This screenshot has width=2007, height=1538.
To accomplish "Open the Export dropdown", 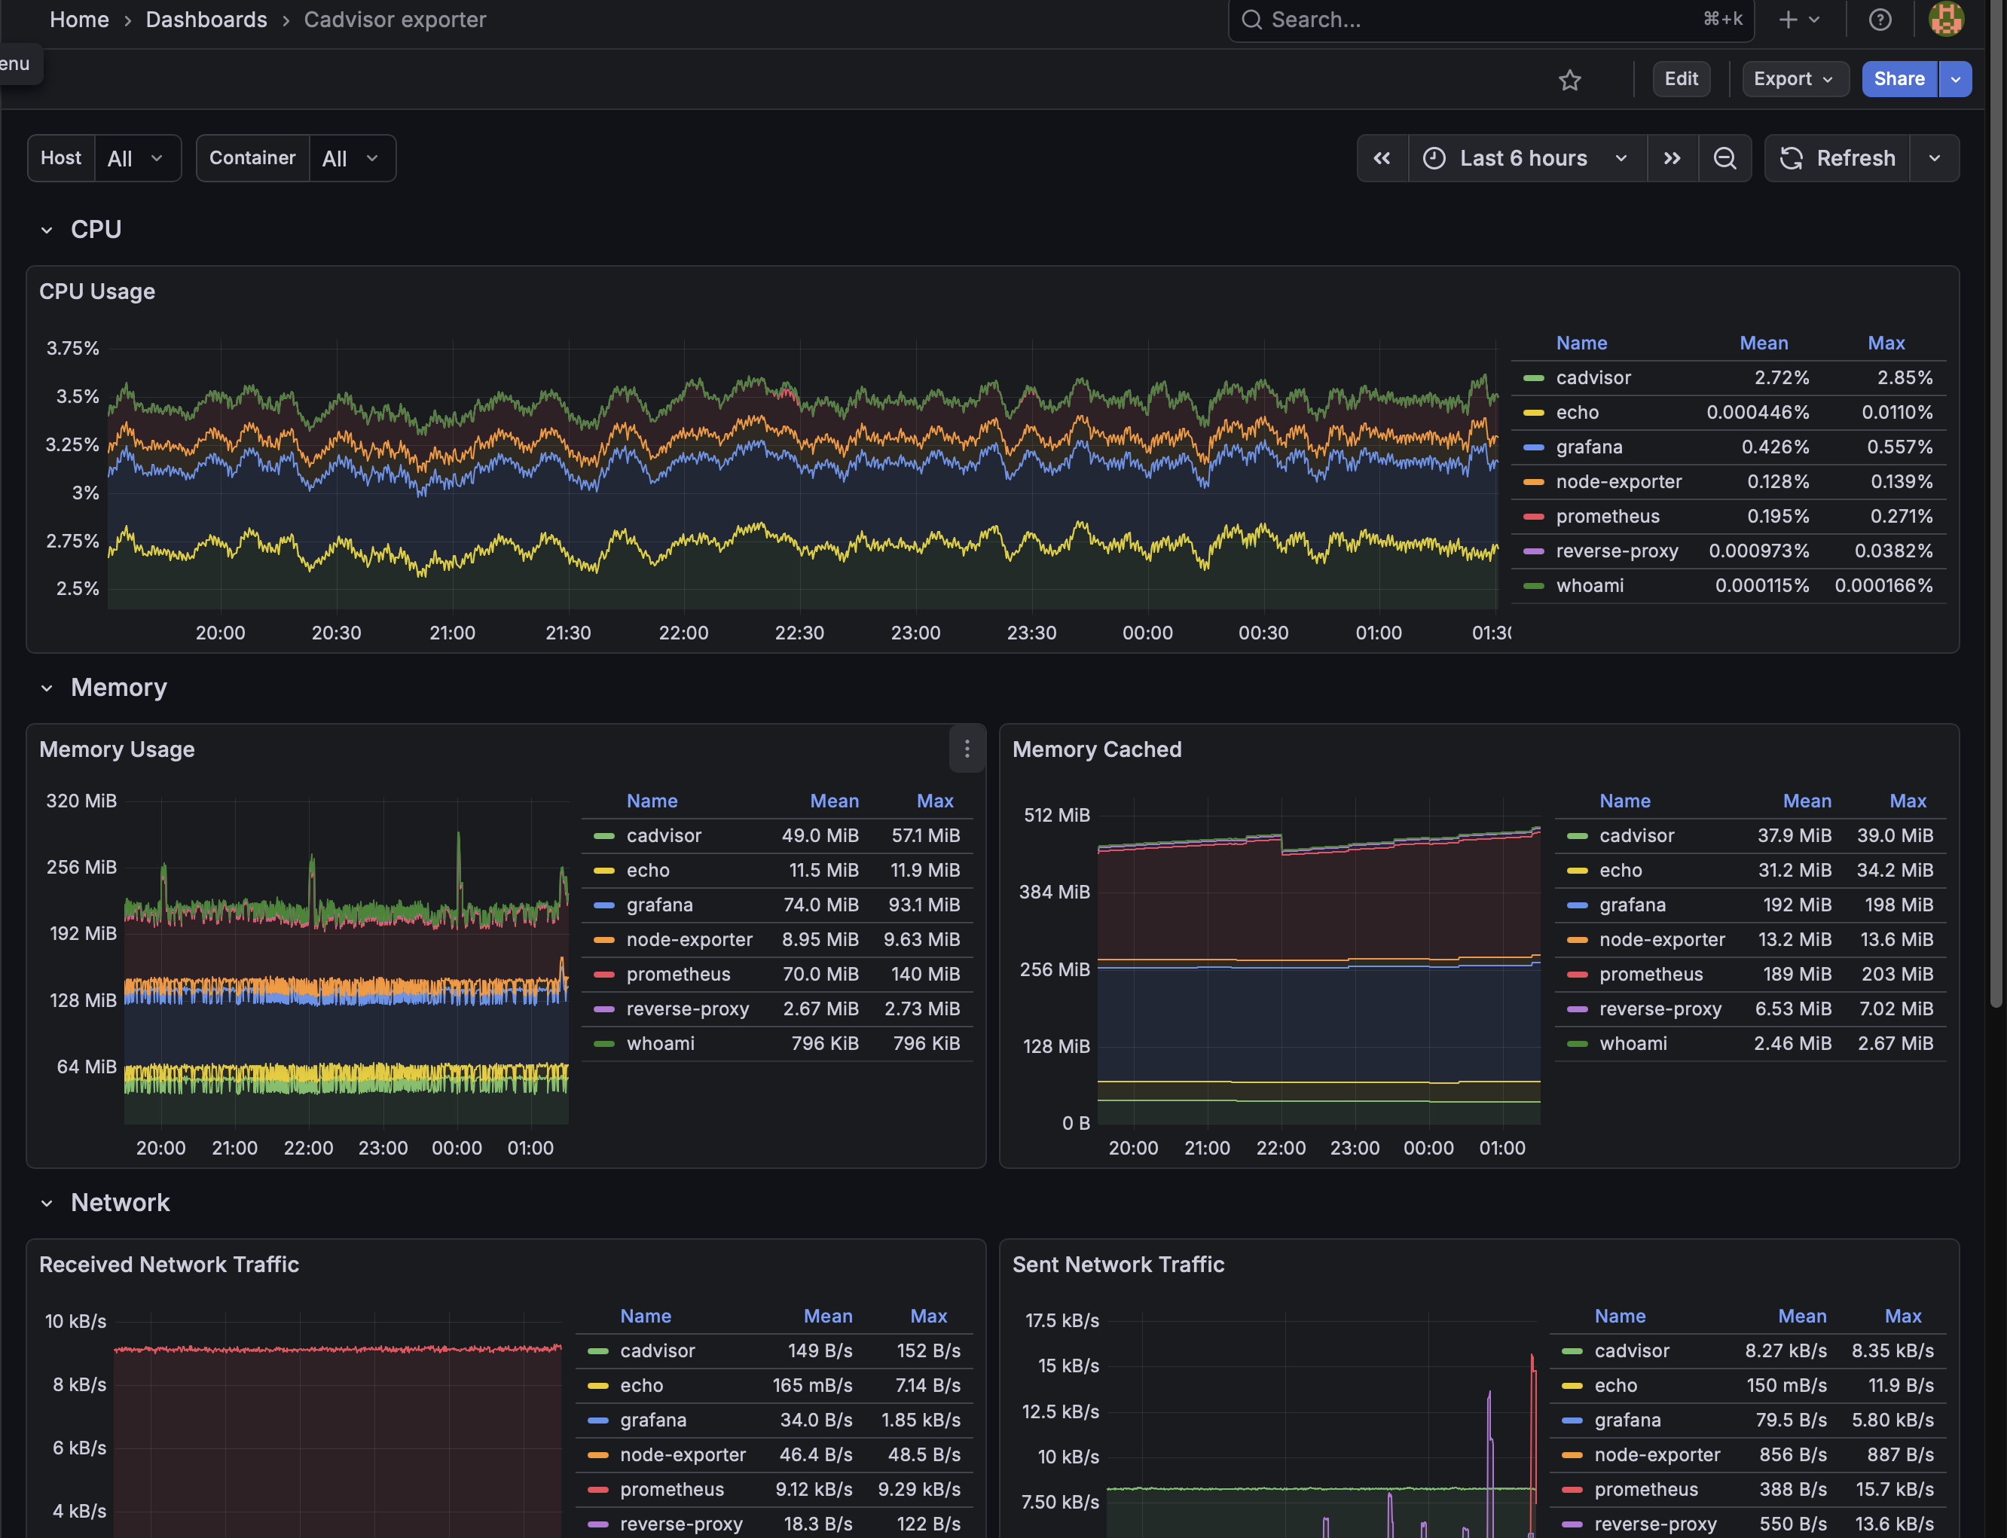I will point(1794,79).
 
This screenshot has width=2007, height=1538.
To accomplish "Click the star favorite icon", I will point(1569,81).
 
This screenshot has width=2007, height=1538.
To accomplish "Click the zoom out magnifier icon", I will point(1724,158).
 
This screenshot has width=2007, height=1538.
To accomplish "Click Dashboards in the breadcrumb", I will point(206,20).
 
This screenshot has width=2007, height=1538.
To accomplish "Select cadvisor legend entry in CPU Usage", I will point(1593,378).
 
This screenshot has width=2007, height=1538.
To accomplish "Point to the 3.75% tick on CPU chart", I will point(72,348).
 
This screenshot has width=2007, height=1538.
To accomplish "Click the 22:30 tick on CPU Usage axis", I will point(799,633).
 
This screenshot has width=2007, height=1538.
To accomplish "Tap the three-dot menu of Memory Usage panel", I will point(967,749).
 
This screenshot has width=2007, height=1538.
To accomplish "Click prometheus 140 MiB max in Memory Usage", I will point(924,974).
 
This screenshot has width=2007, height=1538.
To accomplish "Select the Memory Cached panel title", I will point(1096,749).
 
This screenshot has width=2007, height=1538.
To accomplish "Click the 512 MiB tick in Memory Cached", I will point(1055,815).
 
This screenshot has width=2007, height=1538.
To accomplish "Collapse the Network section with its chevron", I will point(47,1203).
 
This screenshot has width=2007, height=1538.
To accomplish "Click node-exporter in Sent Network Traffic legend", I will point(1657,1454).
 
